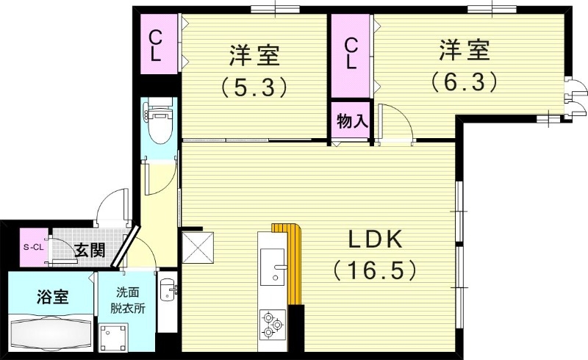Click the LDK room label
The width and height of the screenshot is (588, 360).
coord(374,240)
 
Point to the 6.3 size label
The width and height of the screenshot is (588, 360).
coord(465,79)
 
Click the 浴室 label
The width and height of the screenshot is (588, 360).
coord(51,298)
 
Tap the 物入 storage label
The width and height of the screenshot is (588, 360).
coord(351,121)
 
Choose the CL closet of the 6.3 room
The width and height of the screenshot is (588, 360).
coord(351,54)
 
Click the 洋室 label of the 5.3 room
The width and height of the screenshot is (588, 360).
coord(253,56)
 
